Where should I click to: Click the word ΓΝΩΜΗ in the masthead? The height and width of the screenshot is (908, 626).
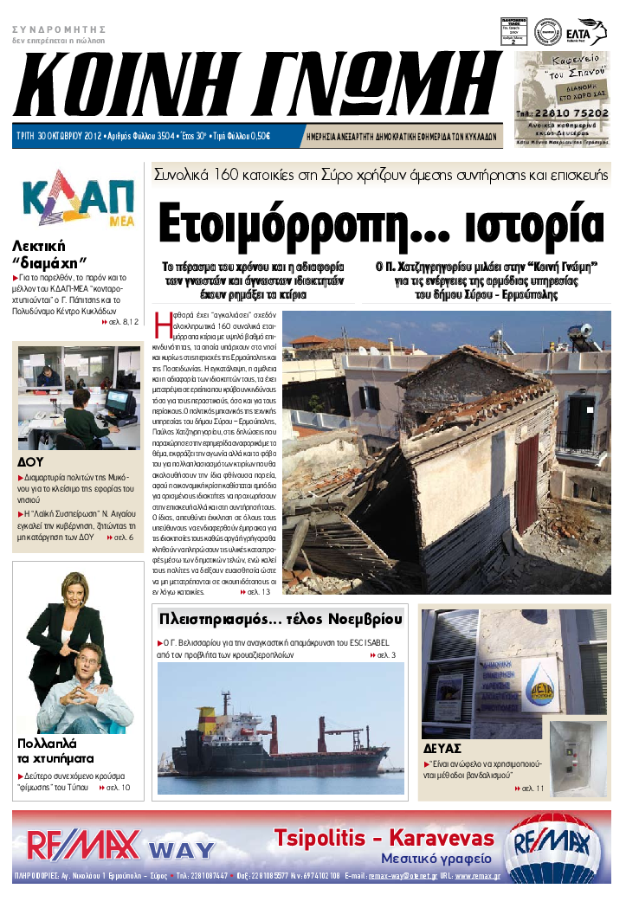tap(372, 90)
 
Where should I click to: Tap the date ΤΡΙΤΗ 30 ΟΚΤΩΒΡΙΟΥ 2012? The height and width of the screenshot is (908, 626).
tap(58, 136)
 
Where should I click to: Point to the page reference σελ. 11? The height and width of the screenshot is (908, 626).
tap(532, 789)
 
